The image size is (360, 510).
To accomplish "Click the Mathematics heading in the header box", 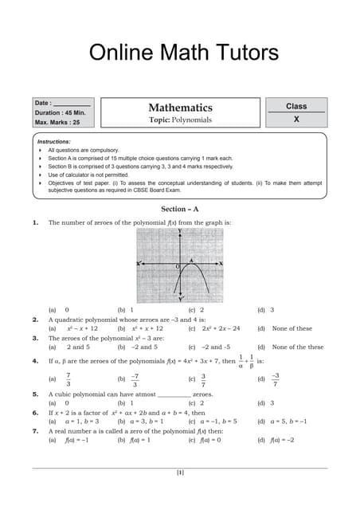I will coord(180,108).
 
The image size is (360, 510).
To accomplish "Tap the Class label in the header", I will coord(296,106).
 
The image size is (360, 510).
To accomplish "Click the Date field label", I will coord(43,103).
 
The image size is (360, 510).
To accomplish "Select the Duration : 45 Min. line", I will coord(59,112).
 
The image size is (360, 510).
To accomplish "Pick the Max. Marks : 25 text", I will coord(57,122).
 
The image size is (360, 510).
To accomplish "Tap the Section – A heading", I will coord(179,209).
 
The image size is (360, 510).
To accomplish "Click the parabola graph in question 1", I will coord(179,263).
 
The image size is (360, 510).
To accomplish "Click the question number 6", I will coord(35,413).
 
